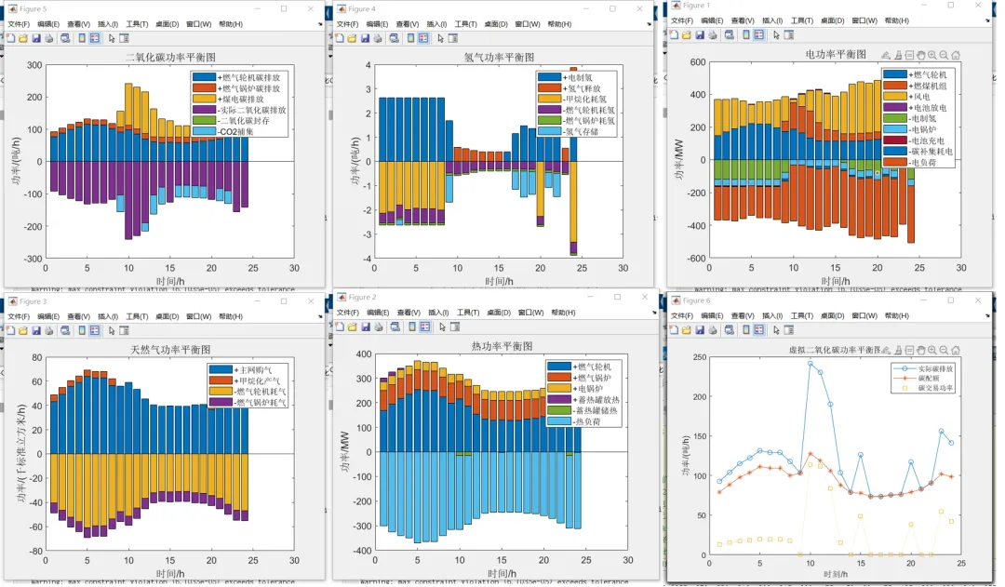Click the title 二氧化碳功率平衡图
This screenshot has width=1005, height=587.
click(164, 57)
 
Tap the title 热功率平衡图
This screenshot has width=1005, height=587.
click(504, 346)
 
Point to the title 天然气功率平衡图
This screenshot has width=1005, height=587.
click(169, 351)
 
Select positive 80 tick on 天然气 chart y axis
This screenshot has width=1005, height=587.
click(38, 357)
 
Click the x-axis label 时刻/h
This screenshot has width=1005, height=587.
click(837, 574)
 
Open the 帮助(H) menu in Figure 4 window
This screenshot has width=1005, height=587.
click(560, 24)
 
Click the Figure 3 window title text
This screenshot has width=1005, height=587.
click(33, 300)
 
